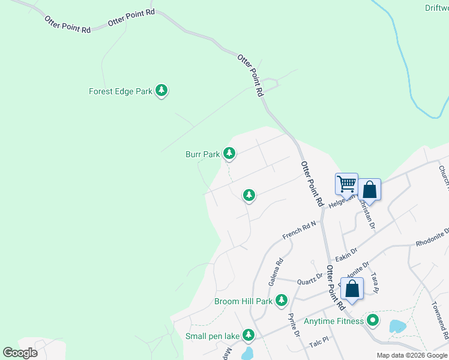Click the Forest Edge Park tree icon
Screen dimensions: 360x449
[161, 91]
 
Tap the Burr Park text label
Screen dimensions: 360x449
[202, 154]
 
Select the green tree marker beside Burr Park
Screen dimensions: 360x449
[229, 154]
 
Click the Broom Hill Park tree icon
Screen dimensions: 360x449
[281, 300]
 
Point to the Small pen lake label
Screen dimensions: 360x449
[212, 336]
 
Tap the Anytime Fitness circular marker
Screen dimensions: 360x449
[373, 321]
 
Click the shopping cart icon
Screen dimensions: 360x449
[346, 183]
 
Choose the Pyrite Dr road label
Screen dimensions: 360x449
[294, 325]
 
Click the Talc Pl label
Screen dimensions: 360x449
[319, 340]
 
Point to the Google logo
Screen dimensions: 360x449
[20, 352]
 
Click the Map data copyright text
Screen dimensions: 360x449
[411, 355]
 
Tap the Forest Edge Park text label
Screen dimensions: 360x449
[121, 92]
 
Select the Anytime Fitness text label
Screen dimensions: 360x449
[334, 321]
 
